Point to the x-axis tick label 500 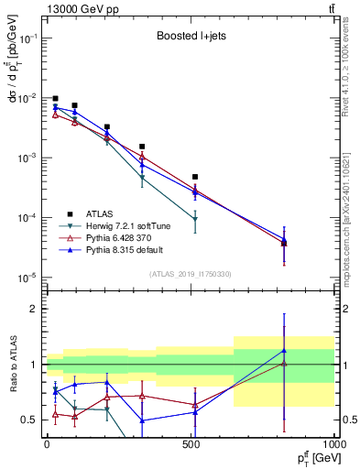pos(191,444)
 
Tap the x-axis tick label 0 pos(47,444)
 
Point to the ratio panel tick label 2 pos(36,309)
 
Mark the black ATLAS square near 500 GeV pos(195,177)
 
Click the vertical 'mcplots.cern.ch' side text pos(351,211)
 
